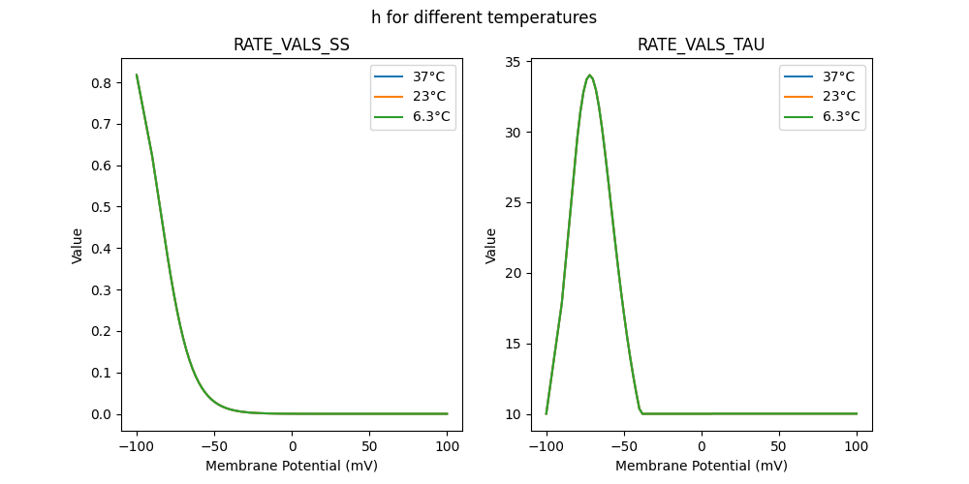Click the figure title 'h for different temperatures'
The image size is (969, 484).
(484, 17)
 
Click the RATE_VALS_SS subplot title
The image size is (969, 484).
(291, 45)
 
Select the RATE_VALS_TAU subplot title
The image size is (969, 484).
(701, 45)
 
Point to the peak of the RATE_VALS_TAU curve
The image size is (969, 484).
(589, 76)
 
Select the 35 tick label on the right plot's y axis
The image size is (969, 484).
(515, 63)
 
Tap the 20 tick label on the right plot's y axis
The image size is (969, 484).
(515, 274)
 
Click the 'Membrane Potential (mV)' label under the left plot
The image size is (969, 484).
(292, 466)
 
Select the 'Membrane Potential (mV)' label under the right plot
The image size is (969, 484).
(702, 466)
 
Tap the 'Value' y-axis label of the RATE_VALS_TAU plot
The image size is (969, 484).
(491, 246)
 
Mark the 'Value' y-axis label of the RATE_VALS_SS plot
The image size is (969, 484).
(78, 246)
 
